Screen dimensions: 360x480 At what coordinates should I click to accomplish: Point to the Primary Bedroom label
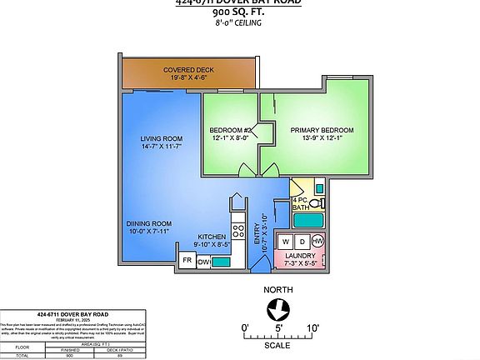(322, 130)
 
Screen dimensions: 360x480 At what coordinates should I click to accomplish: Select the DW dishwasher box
(203, 262)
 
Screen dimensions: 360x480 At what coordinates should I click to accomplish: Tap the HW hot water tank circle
(317, 242)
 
